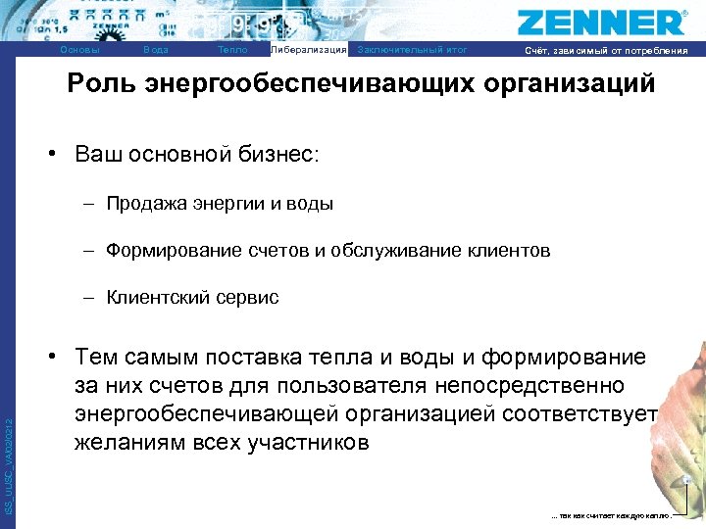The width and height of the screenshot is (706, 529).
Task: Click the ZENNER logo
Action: tap(601, 23)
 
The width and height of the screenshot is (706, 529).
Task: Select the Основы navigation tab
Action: tap(79, 50)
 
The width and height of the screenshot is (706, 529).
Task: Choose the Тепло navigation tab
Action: tap(232, 50)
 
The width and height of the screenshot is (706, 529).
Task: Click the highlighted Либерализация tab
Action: tap(308, 50)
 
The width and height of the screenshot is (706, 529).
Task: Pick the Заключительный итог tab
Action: tap(413, 50)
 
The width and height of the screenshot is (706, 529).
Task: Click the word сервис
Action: tap(246, 297)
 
